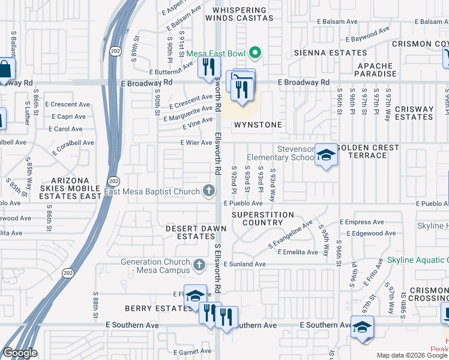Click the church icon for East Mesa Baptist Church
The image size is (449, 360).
(x=209, y=191)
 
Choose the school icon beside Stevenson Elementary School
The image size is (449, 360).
(x=326, y=156)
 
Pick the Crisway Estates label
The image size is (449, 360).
(x=414, y=113)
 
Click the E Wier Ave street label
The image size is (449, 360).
(x=197, y=143)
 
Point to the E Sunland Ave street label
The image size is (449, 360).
(x=244, y=264)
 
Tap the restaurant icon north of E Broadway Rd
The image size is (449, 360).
(x=208, y=67)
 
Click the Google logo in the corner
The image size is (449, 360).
(x=20, y=353)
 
